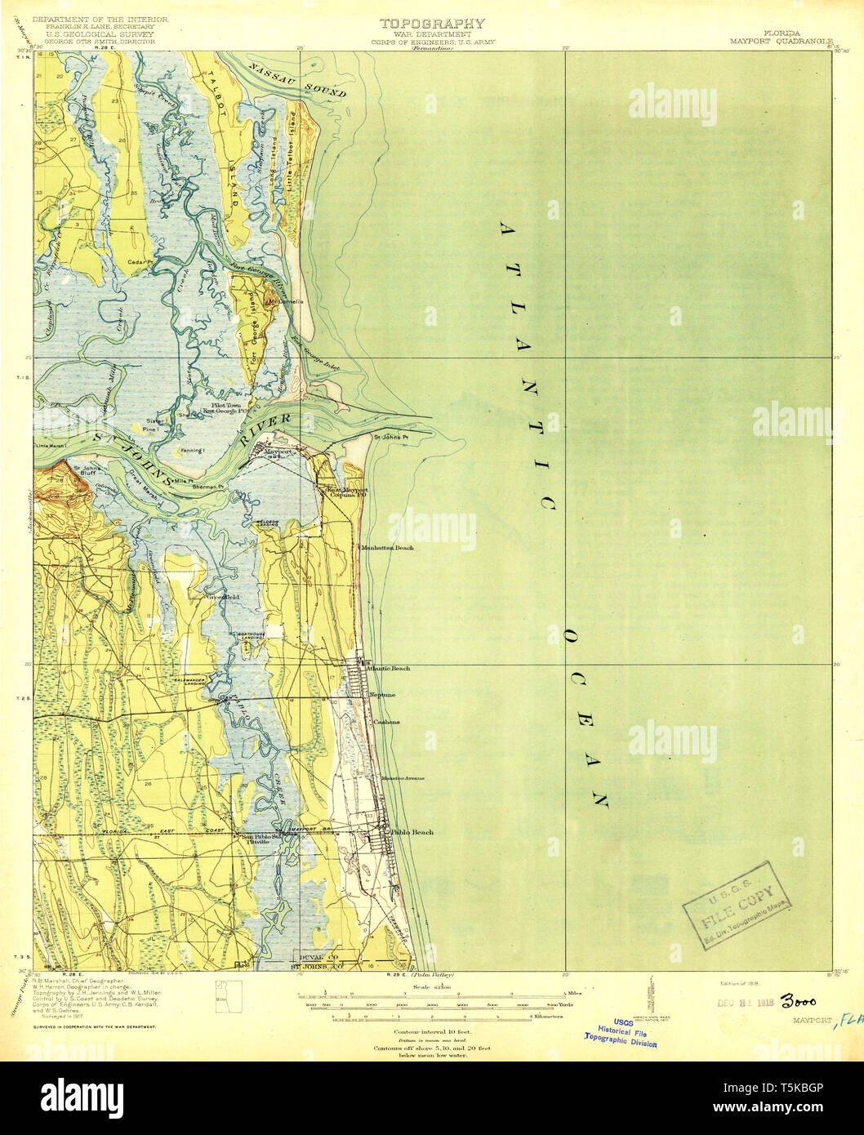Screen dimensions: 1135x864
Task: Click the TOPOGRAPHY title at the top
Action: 432,24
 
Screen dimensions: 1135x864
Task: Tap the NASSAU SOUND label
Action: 298,80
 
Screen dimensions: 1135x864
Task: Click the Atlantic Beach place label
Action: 389,669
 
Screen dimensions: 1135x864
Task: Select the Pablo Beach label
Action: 412,832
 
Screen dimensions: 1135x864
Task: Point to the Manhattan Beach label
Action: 388,548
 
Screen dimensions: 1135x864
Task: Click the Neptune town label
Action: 382,695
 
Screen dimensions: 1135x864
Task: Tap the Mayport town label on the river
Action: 275,450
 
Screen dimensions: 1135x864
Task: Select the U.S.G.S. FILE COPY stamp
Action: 737,906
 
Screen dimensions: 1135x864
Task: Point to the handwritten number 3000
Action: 798,1002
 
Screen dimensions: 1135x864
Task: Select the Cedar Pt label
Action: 140,262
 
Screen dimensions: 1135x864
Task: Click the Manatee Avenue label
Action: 403,778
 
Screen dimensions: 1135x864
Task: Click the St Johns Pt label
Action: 390,438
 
